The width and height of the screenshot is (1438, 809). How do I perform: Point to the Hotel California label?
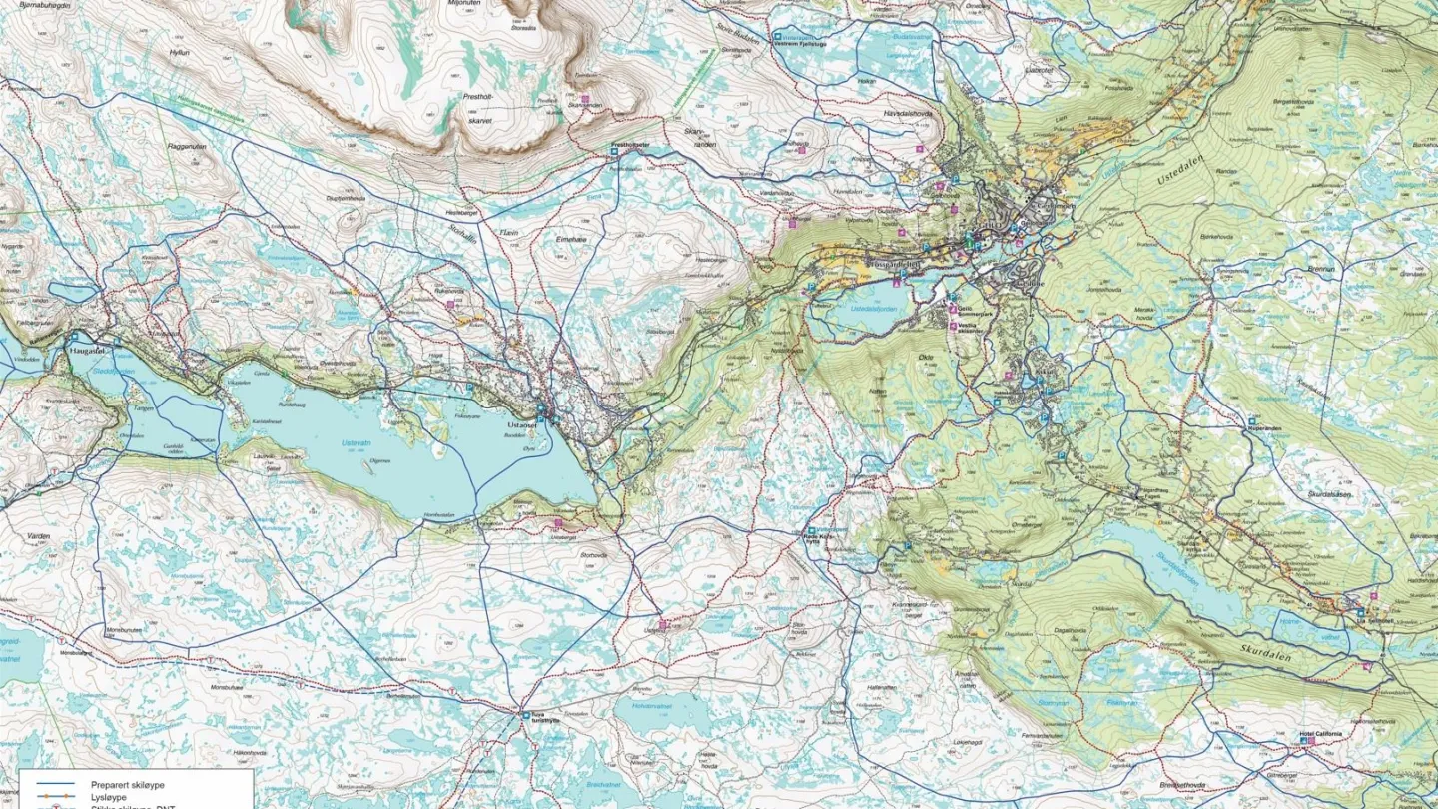click(x=1320, y=733)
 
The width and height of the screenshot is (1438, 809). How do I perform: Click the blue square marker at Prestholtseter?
click(x=616, y=152)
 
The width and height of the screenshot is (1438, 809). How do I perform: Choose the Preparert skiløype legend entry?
click(x=129, y=785)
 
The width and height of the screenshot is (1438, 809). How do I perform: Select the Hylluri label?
click(x=180, y=52)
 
